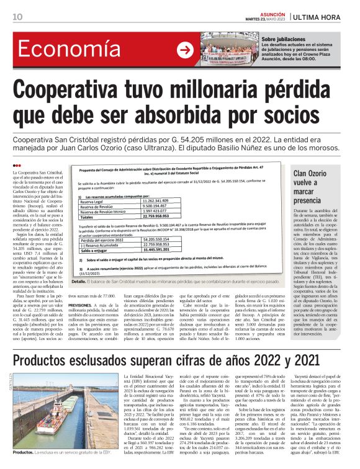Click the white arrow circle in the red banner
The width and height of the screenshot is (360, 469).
(x=184, y=50)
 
